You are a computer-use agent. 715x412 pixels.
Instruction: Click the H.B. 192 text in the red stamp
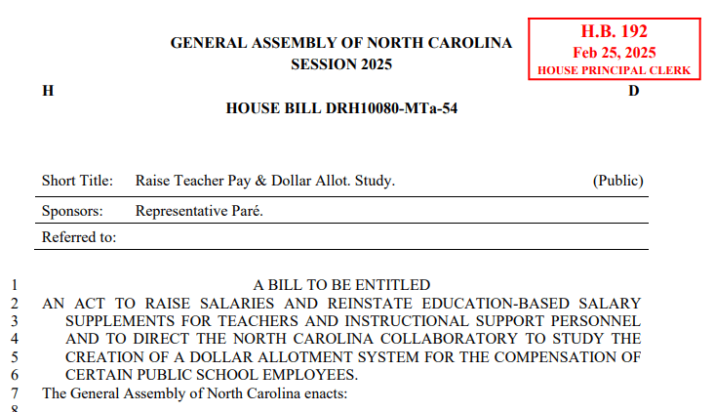click(614, 32)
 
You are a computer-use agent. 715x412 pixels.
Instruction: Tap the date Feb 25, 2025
click(614, 53)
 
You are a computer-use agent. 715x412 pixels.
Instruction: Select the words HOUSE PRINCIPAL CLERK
click(614, 71)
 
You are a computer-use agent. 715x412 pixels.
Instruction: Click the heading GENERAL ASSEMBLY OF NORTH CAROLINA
click(341, 43)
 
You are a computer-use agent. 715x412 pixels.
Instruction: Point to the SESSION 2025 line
click(341, 64)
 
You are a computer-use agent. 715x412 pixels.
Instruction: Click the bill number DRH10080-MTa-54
click(396, 107)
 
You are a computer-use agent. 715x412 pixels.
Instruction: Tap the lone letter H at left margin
click(48, 91)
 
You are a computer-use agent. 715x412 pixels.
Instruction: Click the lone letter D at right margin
click(633, 91)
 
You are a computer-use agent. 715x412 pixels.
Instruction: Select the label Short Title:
click(78, 181)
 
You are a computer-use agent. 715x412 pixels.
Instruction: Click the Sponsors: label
click(74, 210)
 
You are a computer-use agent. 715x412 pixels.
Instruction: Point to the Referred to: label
click(79, 237)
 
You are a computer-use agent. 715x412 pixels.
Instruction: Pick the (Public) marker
click(617, 181)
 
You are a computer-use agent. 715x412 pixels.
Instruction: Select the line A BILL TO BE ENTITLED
click(341, 285)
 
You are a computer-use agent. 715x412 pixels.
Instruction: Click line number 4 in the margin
click(15, 339)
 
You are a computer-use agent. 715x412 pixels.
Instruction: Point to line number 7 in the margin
click(15, 392)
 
